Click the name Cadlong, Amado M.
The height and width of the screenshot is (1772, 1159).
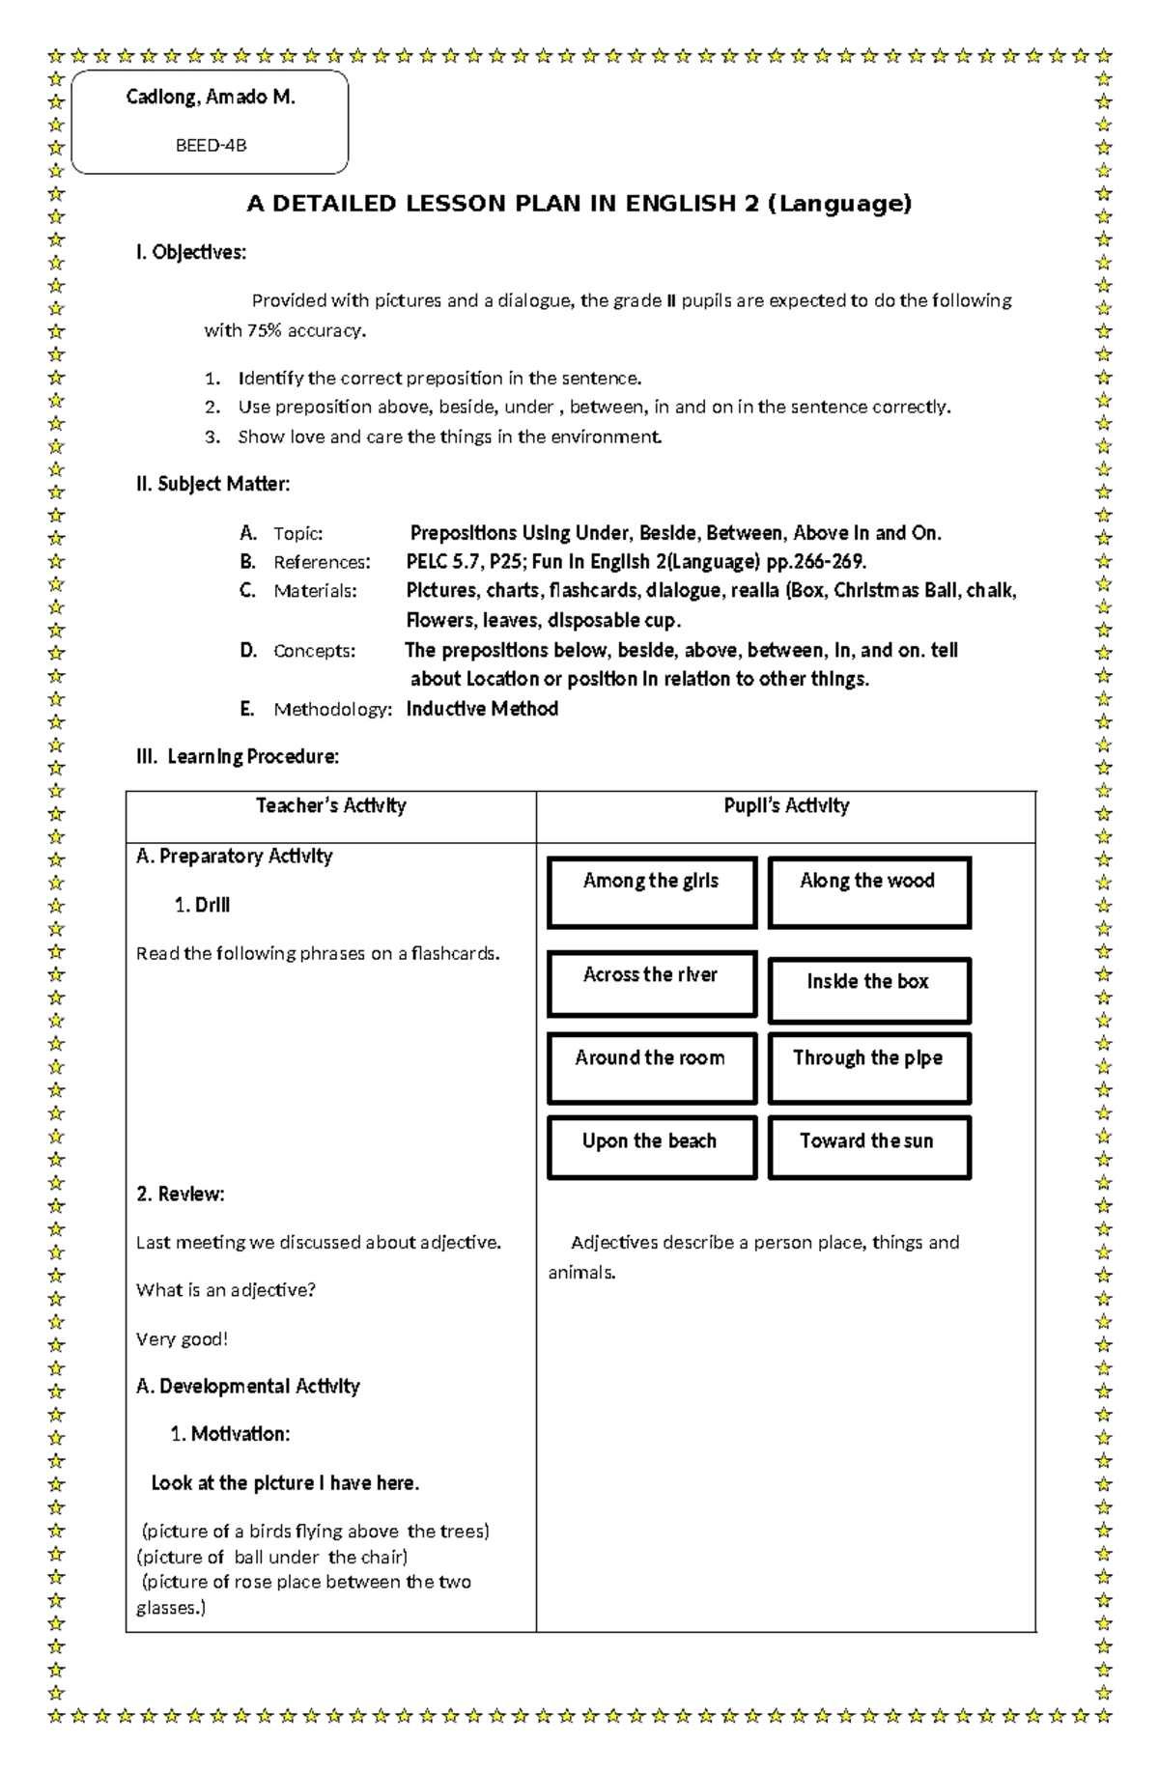pos(210,98)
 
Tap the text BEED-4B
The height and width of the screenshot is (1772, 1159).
pos(210,146)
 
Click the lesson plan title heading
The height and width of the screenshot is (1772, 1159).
pos(579,204)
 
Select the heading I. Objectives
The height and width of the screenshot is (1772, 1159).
pos(190,253)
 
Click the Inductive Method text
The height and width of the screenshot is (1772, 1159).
pos(482,710)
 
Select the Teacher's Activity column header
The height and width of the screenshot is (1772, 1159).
pos(330,806)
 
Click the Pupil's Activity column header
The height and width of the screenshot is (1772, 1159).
pos(785,806)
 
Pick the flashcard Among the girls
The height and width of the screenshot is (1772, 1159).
pos(652,891)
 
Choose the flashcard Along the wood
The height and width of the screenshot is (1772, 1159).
pos(868,891)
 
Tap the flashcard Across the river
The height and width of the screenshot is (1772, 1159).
pos(652,983)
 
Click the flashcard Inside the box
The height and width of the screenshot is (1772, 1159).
pos(868,990)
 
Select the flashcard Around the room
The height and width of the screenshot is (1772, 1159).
pos(652,1067)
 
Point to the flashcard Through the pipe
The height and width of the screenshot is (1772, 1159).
pos(868,1067)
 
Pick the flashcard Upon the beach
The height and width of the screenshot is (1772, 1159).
pos(652,1147)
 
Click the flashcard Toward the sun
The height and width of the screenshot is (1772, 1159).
pos(868,1147)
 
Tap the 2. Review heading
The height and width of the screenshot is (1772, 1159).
pos(180,1195)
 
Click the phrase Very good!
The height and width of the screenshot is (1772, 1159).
pos(182,1339)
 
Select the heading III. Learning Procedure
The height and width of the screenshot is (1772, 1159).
pos(237,757)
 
